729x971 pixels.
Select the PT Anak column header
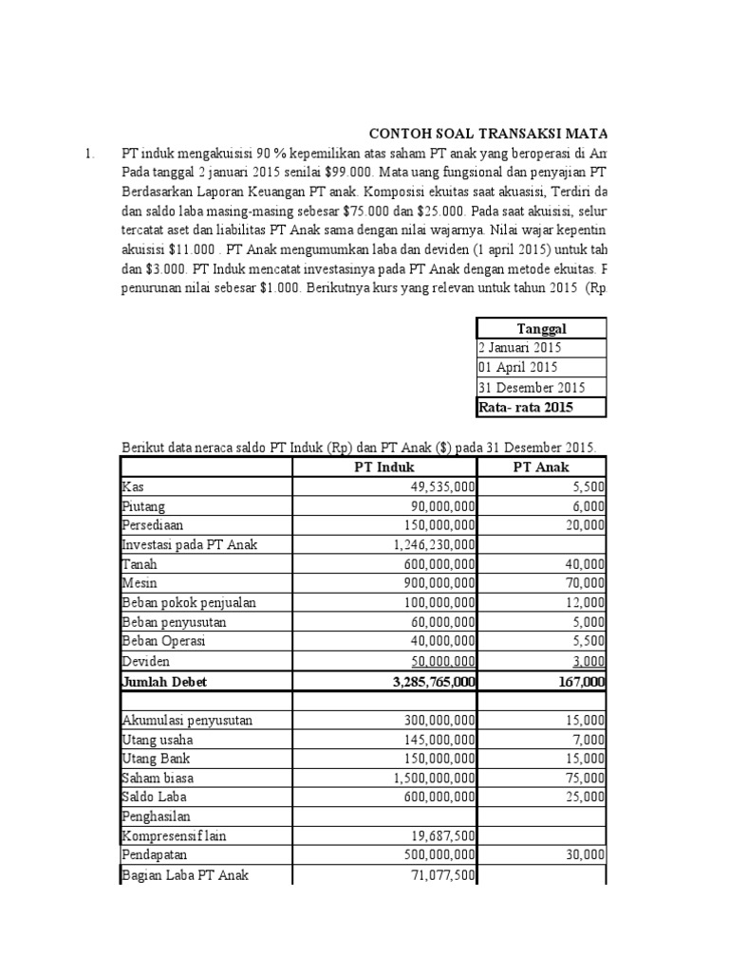point(544,467)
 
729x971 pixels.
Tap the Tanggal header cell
point(540,328)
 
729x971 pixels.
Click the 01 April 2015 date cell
point(518,367)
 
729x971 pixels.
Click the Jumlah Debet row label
point(164,681)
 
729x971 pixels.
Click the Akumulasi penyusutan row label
point(187,720)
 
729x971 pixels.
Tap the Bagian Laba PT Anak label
point(185,875)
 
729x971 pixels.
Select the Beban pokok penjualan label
point(189,602)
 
